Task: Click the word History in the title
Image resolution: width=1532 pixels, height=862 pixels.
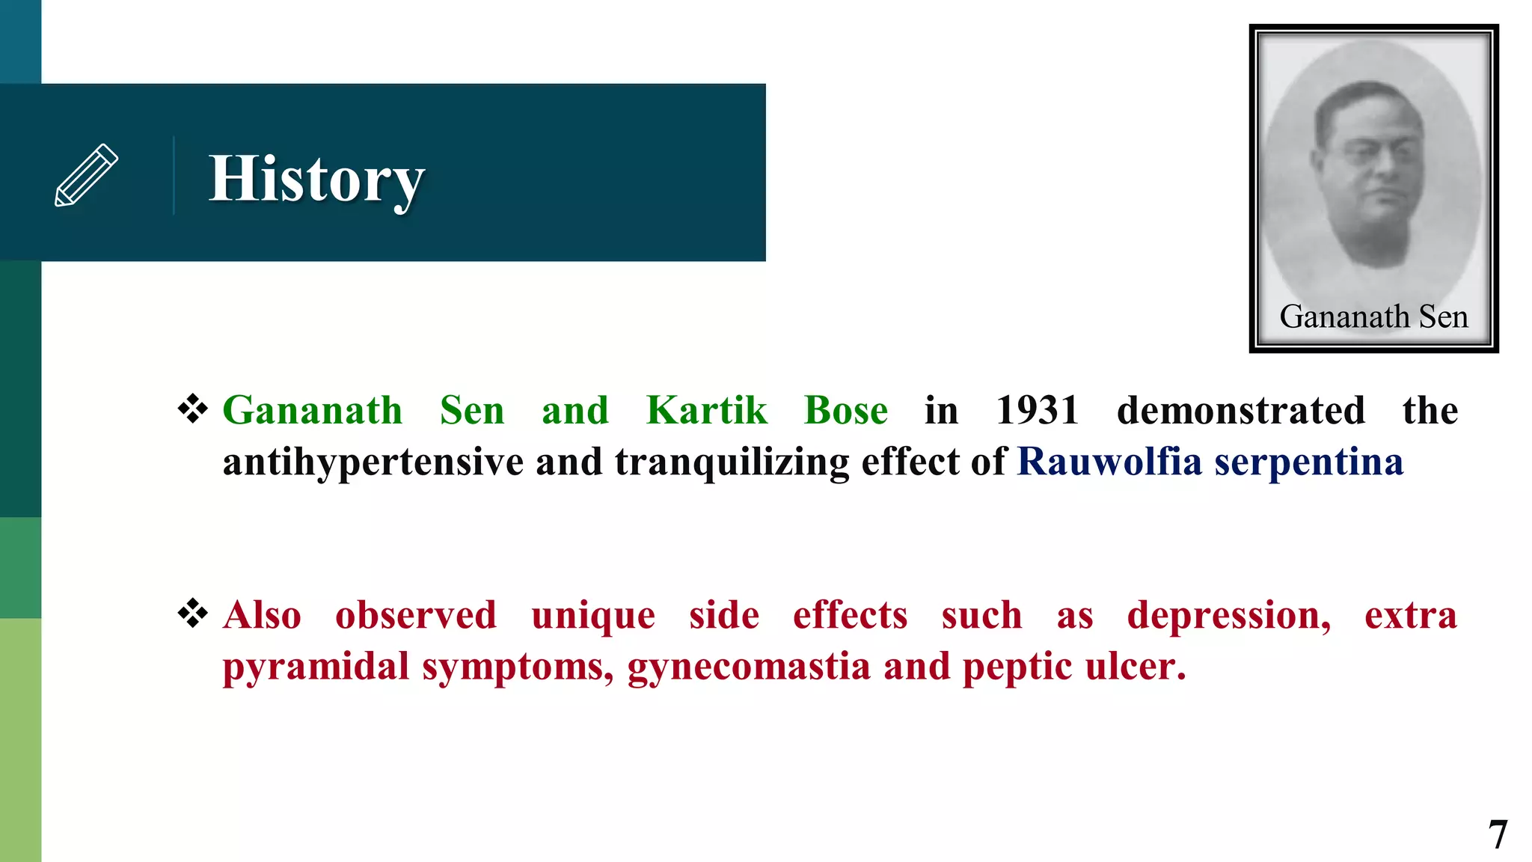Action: pos(316,180)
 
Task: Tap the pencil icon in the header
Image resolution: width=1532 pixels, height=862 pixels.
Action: pos(87,175)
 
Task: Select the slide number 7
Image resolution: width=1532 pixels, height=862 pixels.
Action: pos(1497,834)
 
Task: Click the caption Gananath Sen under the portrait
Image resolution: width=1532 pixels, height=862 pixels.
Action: pos(1373,317)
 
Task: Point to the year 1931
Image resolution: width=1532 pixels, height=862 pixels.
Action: pos(1038,411)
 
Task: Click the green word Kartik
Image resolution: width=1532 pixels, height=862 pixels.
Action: pos(707,411)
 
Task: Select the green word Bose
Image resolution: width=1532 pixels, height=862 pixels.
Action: pos(846,411)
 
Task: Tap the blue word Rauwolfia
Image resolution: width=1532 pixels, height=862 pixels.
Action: pos(1109,462)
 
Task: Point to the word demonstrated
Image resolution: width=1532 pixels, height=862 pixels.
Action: pos(1241,411)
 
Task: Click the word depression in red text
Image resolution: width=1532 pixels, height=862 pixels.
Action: pos(1229,617)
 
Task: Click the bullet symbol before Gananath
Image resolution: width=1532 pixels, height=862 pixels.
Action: pos(193,409)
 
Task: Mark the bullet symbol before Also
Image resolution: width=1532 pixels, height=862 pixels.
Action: pos(193,613)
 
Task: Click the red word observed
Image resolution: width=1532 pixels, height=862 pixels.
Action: pos(416,615)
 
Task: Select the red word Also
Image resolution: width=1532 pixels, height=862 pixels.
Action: pos(262,615)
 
